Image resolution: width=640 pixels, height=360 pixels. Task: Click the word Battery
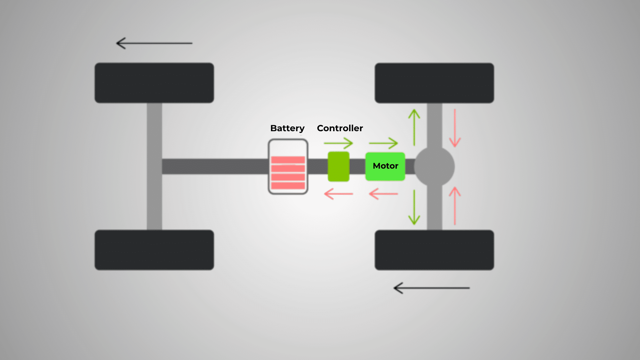(x=287, y=128)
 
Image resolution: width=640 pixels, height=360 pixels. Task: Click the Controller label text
(x=340, y=128)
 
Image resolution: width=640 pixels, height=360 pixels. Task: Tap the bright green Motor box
(x=385, y=166)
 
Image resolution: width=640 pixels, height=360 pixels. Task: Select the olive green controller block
(x=339, y=167)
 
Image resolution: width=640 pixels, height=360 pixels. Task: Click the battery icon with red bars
(x=288, y=167)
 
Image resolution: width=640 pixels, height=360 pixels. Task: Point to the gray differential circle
(x=434, y=167)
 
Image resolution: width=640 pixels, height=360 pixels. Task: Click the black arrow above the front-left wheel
(x=154, y=43)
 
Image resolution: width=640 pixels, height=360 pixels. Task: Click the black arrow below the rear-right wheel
(x=431, y=288)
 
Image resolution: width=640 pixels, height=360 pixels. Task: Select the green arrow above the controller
(x=339, y=143)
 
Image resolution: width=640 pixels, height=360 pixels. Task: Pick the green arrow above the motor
(x=383, y=143)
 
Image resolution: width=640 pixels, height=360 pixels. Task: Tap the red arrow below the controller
(x=339, y=194)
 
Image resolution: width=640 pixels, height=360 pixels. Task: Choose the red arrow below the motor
(x=383, y=194)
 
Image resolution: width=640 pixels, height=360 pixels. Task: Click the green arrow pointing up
(x=414, y=127)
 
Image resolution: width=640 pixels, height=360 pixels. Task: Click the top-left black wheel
(x=154, y=83)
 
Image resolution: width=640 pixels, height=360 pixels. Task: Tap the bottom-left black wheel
(x=154, y=250)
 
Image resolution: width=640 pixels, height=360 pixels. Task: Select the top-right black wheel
(x=434, y=83)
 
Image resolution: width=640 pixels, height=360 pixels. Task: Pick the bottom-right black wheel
(x=434, y=250)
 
